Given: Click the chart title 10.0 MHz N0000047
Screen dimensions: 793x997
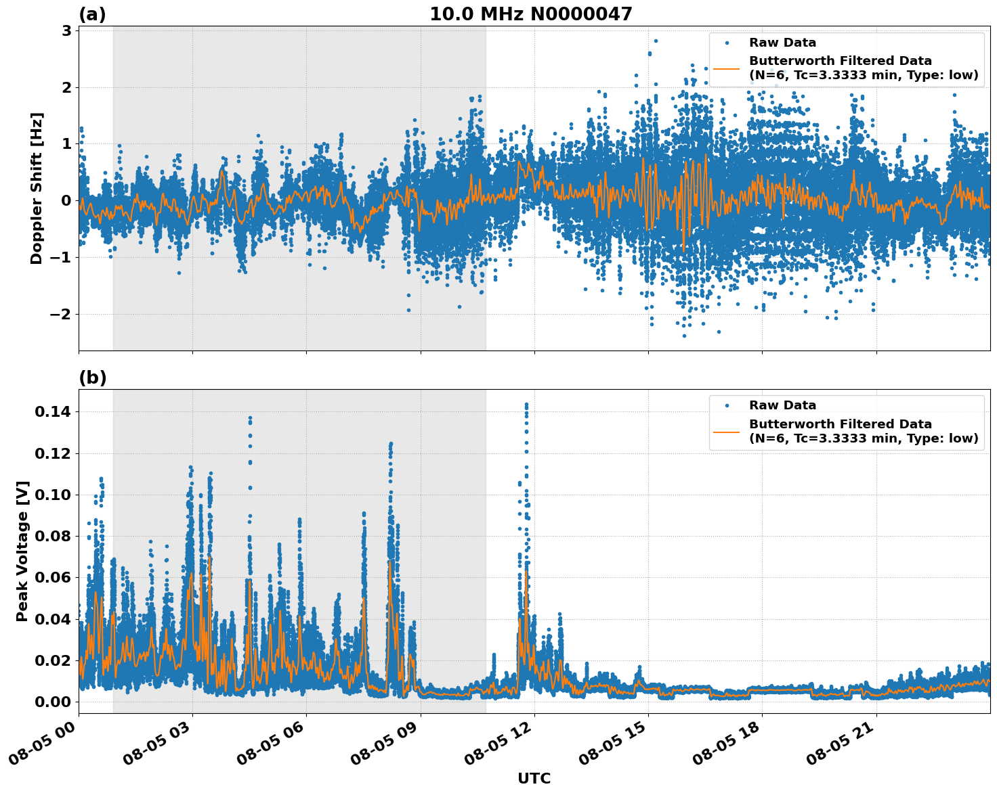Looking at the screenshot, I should pos(530,14).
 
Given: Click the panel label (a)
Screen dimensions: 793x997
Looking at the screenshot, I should pos(92,14).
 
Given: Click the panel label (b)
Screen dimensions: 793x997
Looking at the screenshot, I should pos(92,378).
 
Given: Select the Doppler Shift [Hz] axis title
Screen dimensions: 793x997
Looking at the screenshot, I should pos(37,188).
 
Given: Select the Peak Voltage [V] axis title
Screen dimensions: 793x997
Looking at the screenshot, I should pos(22,551).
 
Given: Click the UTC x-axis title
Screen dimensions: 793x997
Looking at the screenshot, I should pos(534,778).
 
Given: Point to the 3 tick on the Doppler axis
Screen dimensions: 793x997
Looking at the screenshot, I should pos(66,31).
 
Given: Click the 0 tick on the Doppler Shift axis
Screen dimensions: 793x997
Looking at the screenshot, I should pos(66,200).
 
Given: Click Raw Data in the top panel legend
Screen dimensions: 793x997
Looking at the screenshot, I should pos(782,43).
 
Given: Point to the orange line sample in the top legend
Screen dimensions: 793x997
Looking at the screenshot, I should pos(727,68).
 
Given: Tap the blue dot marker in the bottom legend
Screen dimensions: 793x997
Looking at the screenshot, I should pos(727,406).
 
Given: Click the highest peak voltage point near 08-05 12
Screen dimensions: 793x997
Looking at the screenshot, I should pos(526,405).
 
